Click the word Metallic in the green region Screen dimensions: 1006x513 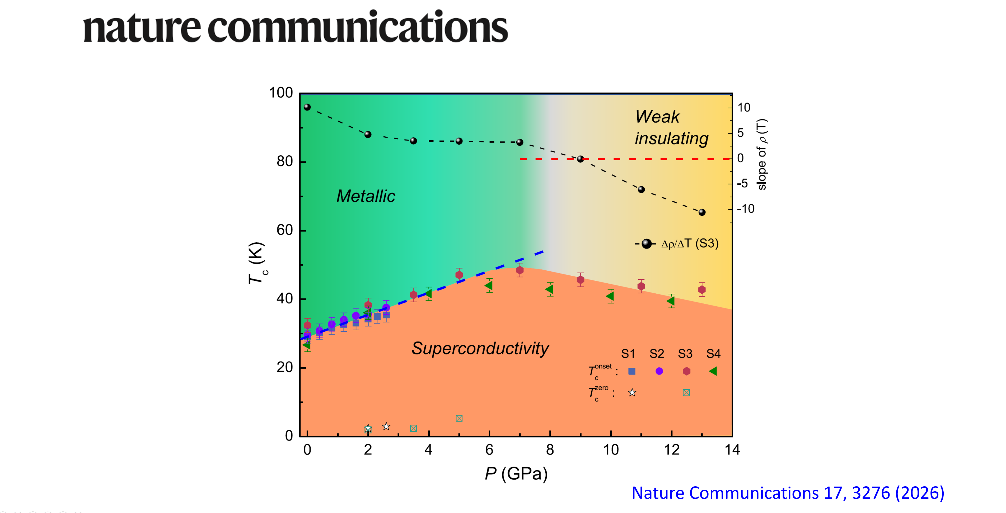tap(366, 196)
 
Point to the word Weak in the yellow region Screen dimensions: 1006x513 tap(657, 117)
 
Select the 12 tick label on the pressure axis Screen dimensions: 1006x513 tap(671, 450)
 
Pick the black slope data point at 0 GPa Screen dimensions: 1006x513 tap(307, 107)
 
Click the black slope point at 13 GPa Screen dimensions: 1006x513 tap(702, 212)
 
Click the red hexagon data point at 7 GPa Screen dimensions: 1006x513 tap(520, 270)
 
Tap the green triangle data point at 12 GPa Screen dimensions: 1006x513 tap(671, 301)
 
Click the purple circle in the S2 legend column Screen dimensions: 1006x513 tap(659, 371)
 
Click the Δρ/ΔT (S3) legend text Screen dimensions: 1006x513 tap(690, 244)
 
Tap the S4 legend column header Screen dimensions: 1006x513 tap(713, 354)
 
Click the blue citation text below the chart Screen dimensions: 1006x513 tap(788, 493)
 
